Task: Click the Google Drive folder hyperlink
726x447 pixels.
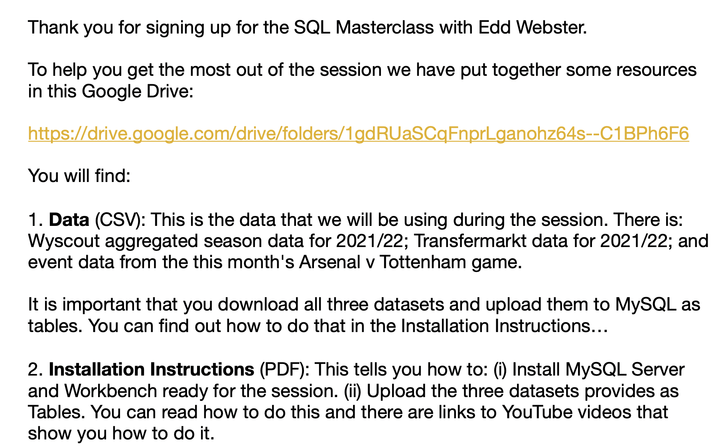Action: click(x=358, y=134)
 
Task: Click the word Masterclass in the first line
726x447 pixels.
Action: click(x=385, y=27)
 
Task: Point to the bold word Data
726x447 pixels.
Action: click(x=69, y=220)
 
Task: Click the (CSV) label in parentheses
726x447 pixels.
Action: click(x=118, y=220)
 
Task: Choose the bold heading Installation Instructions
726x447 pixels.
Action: click(x=151, y=369)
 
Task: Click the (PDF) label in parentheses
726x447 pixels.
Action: click(x=284, y=369)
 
